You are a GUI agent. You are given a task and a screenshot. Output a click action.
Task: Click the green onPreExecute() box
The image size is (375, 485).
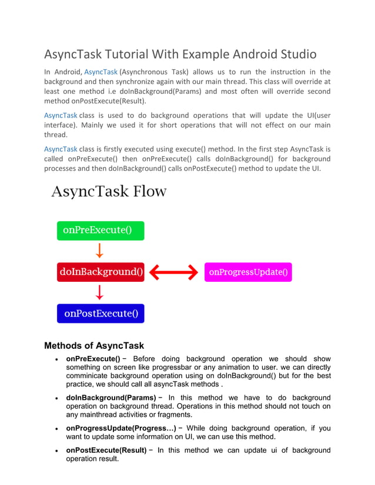point(100,231)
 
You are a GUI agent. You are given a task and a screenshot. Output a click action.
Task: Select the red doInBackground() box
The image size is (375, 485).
point(101,272)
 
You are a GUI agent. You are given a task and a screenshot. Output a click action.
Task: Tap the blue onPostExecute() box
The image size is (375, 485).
point(101,313)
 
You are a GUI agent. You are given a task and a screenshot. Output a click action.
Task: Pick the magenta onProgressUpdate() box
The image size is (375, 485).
point(248,272)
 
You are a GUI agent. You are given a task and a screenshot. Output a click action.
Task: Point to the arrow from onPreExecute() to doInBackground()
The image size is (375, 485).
point(100,251)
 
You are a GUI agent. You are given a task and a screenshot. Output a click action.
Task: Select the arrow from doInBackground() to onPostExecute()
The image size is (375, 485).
point(100,292)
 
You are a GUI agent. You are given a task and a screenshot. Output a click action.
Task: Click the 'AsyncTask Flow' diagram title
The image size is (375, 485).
point(109,192)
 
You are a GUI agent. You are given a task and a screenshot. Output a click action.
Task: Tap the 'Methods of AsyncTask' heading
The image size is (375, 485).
point(94,346)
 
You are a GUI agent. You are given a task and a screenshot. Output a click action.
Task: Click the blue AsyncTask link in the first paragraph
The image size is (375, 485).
point(101,72)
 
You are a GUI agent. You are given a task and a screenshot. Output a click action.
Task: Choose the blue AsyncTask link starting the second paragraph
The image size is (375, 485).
point(61,115)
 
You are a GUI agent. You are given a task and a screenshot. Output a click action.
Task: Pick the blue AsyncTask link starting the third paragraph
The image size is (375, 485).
point(61,149)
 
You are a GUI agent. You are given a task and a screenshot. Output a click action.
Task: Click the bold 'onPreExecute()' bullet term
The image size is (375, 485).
point(93,359)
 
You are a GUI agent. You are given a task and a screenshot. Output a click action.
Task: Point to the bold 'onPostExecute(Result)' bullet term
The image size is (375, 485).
point(106,450)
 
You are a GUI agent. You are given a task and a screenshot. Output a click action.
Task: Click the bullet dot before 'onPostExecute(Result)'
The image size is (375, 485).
point(55,451)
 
